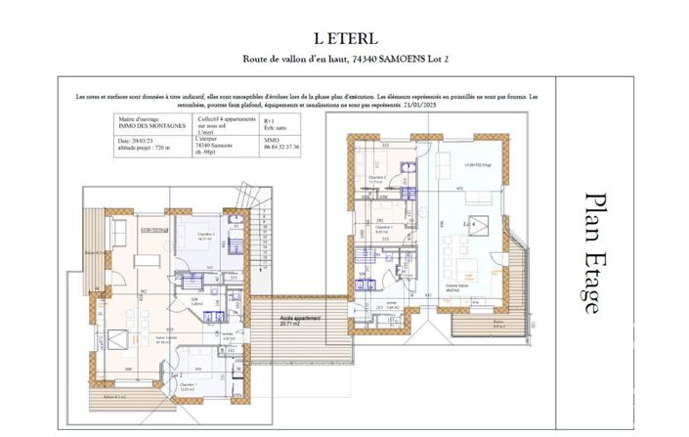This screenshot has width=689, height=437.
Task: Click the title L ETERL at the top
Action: click(x=344, y=37)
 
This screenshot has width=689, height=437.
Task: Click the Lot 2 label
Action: click(x=178, y=375)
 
